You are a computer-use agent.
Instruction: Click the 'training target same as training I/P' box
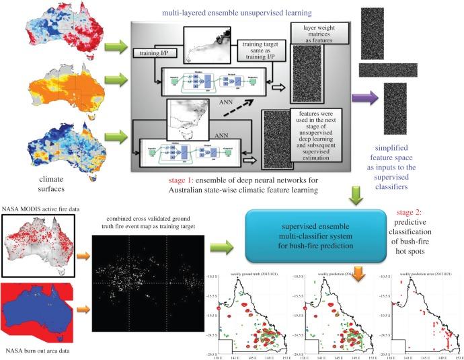tap(263, 50)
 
